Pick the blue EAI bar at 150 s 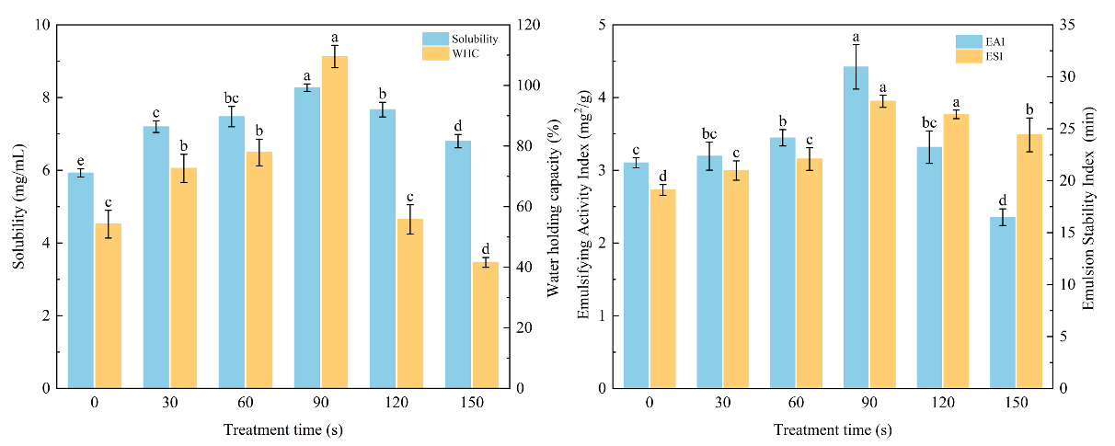1003,303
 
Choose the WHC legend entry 465,52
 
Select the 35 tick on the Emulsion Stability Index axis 1070,25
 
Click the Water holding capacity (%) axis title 553,206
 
